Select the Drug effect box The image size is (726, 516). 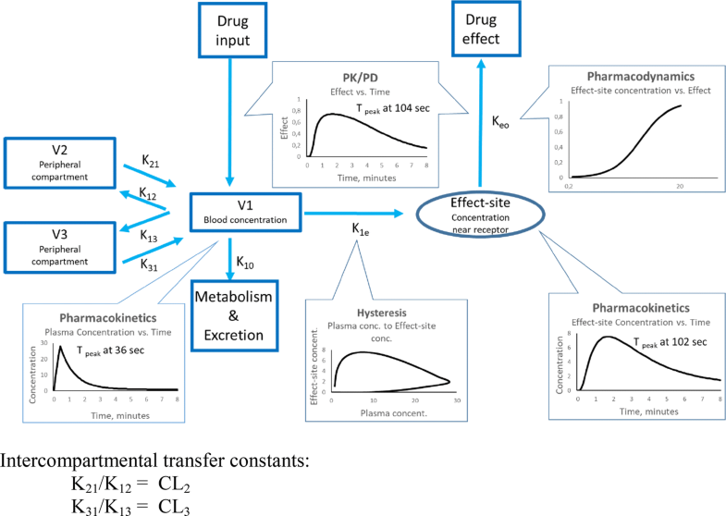[481, 29]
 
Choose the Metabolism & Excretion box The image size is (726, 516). [237, 315]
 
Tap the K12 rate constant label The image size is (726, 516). [148, 194]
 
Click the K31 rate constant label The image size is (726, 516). [148, 264]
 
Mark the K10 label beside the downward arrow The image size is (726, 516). [245, 263]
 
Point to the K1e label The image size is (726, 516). [362, 228]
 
